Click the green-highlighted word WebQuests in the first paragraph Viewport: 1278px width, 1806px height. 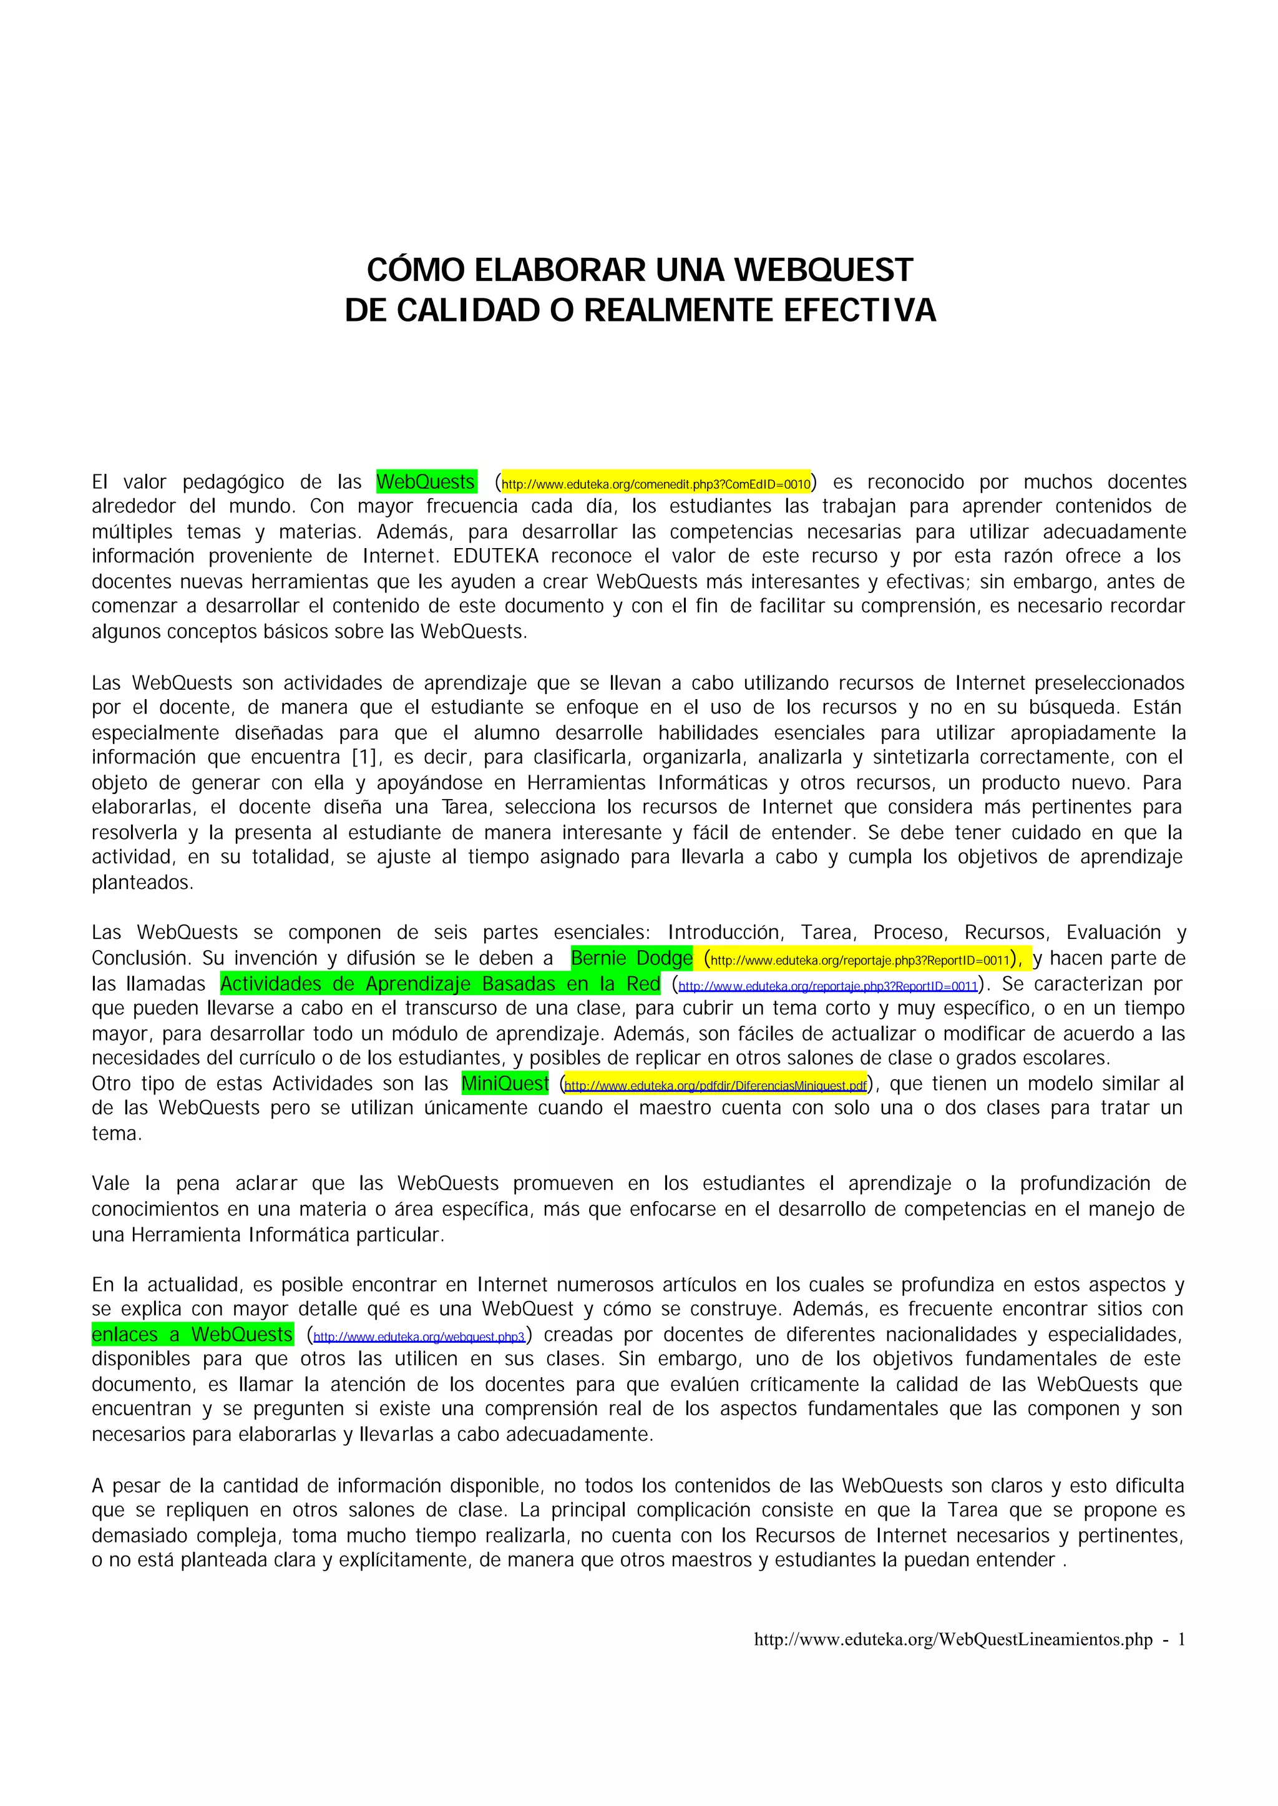tap(426, 482)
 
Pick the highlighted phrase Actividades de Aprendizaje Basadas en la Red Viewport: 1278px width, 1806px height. tap(440, 984)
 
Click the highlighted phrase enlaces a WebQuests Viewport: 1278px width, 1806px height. tap(192, 1335)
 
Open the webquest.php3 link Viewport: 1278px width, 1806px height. tap(419, 1337)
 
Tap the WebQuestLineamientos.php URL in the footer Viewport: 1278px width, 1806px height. tap(953, 1640)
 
